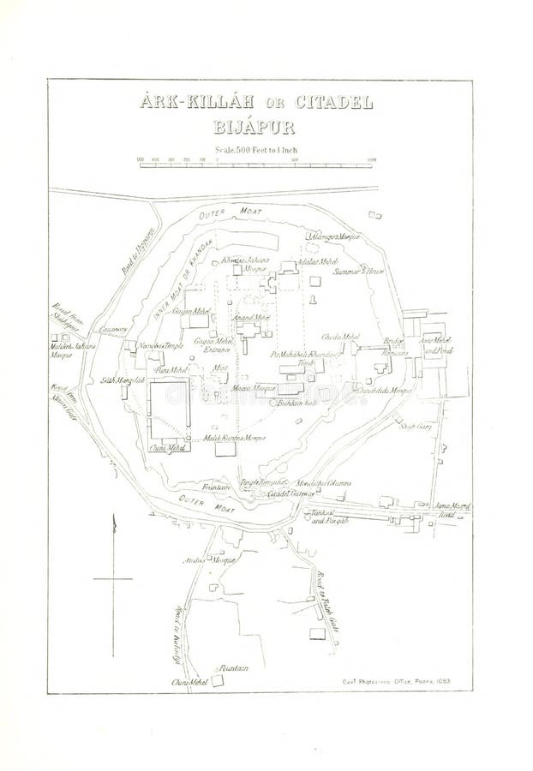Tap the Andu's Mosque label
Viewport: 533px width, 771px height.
click(194, 560)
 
